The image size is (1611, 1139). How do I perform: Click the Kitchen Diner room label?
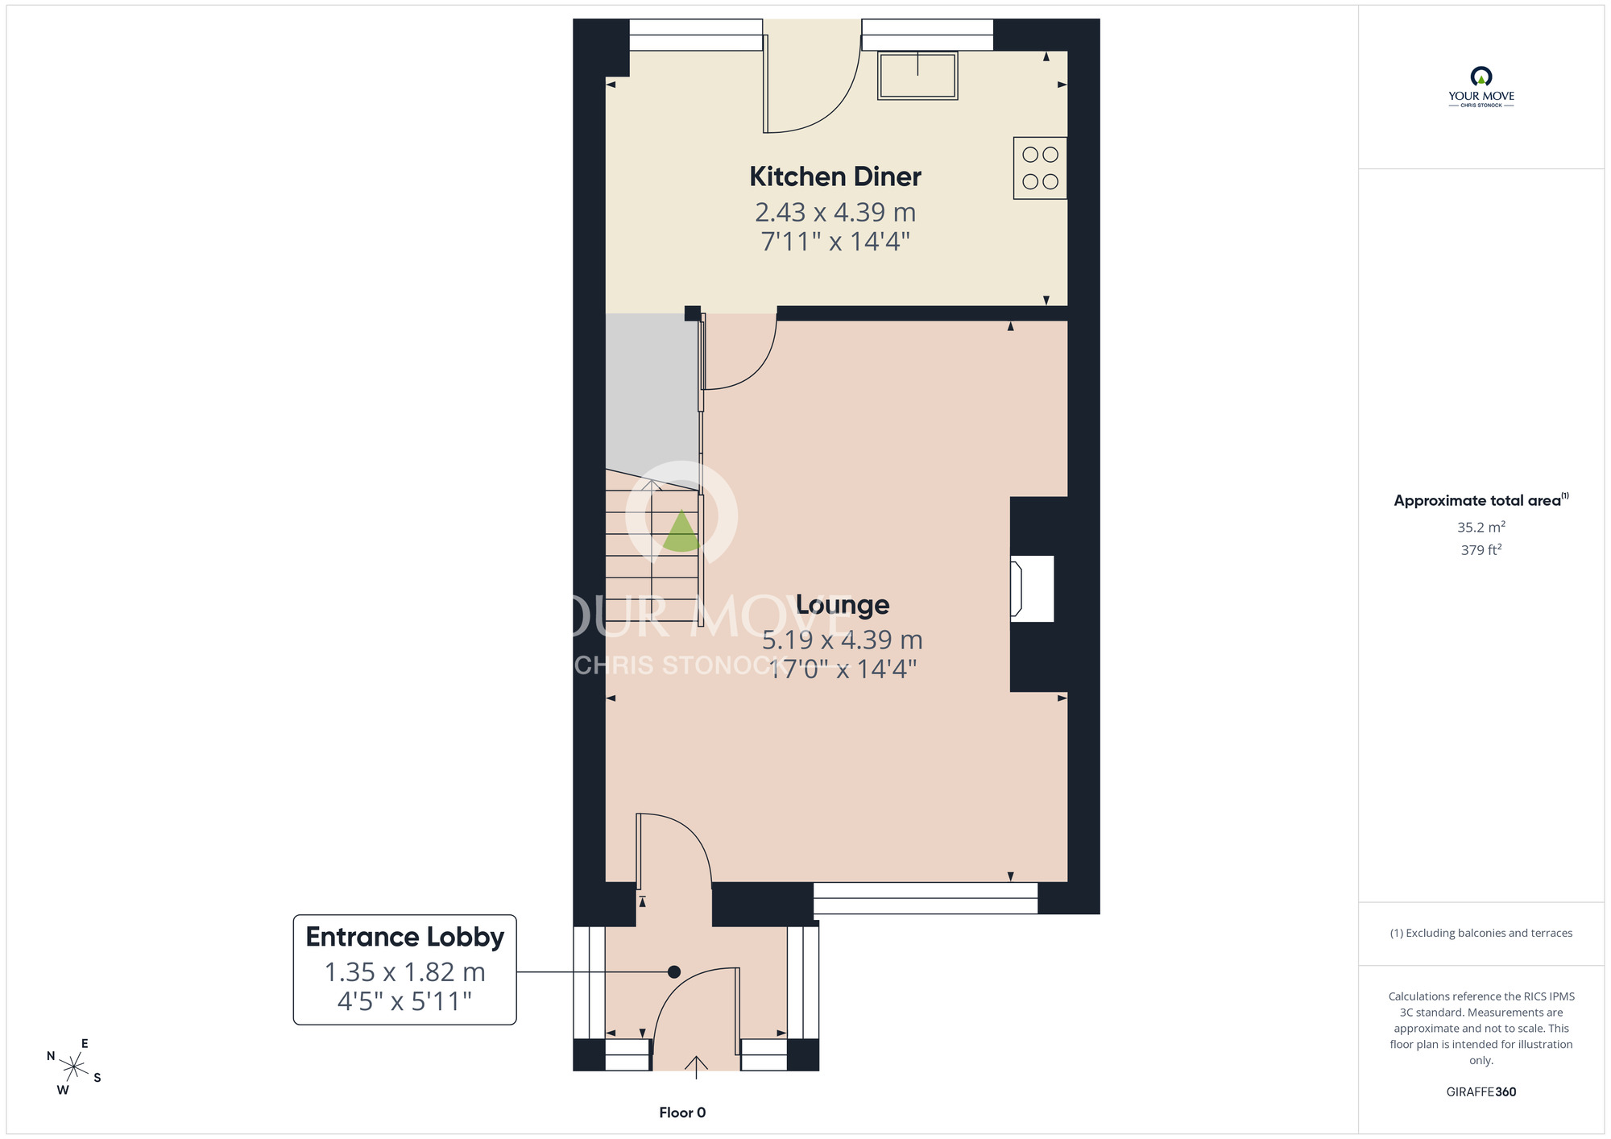click(835, 176)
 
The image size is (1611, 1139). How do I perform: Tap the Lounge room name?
click(843, 604)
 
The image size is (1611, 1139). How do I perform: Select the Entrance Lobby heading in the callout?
click(405, 937)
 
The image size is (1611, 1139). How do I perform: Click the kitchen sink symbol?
click(917, 76)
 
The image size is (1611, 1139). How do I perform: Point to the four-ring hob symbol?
click(1040, 168)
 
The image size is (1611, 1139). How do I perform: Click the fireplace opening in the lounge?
click(1032, 589)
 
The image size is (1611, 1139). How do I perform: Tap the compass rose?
click(73, 1067)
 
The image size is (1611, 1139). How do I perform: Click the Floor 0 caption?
click(682, 1112)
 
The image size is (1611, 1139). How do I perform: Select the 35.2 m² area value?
click(1481, 527)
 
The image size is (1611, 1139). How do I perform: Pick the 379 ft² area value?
click(1481, 549)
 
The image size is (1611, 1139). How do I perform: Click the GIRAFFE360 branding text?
click(1481, 1092)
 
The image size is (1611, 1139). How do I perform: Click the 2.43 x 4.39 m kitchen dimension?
click(835, 212)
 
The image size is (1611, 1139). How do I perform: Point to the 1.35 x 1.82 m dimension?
click(405, 972)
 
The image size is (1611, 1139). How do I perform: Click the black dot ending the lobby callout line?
click(674, 972)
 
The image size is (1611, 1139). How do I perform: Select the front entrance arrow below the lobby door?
click(696, 1067)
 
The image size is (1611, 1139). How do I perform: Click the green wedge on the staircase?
click(681, 532)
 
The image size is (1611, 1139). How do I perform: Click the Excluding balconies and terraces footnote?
click(1481, 933)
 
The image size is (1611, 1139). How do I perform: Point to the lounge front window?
click(926, 898)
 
